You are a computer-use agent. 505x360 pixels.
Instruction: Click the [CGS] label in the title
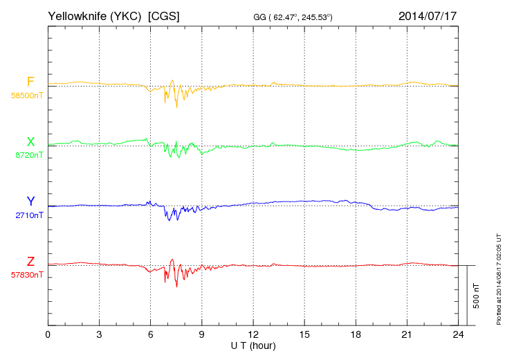point(164,15)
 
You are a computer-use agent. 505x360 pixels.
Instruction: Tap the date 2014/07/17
point(427,15)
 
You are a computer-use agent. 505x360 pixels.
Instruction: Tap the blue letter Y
point(30,201)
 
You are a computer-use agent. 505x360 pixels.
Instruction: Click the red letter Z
point(30,262)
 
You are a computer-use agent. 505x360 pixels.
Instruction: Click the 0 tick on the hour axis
point(48,334)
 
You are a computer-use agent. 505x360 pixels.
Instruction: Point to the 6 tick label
point(150,334)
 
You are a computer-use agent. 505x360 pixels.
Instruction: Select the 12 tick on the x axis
point(252,334)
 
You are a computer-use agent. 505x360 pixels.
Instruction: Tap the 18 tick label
point(355,334)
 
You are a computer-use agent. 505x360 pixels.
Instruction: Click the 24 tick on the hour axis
point(457,334)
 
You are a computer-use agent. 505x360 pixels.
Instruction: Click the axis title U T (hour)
point(252,345)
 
